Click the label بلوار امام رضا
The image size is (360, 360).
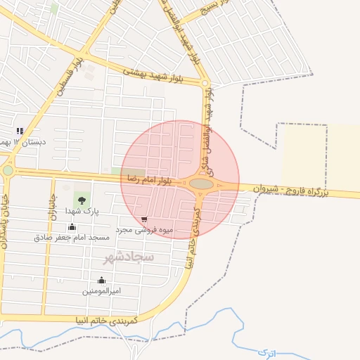tap(150, 181)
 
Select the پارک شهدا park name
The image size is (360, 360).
tap(83, 210)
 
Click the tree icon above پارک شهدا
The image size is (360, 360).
tap(83, 198)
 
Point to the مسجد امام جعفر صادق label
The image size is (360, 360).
tap(72, 238)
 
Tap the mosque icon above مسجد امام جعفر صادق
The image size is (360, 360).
tap(72, 226)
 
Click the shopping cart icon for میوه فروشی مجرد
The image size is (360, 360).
tap(144, 219)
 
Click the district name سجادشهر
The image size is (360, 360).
tap(129, 258)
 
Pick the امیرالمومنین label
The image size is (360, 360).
tap(102, 291)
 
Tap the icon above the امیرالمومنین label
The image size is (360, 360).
tap(102, 280)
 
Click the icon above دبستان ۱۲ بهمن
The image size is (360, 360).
tap(20, 130)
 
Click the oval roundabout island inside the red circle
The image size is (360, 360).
tap(202, 184)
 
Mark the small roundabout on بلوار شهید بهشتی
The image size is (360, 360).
tap(205, 84)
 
